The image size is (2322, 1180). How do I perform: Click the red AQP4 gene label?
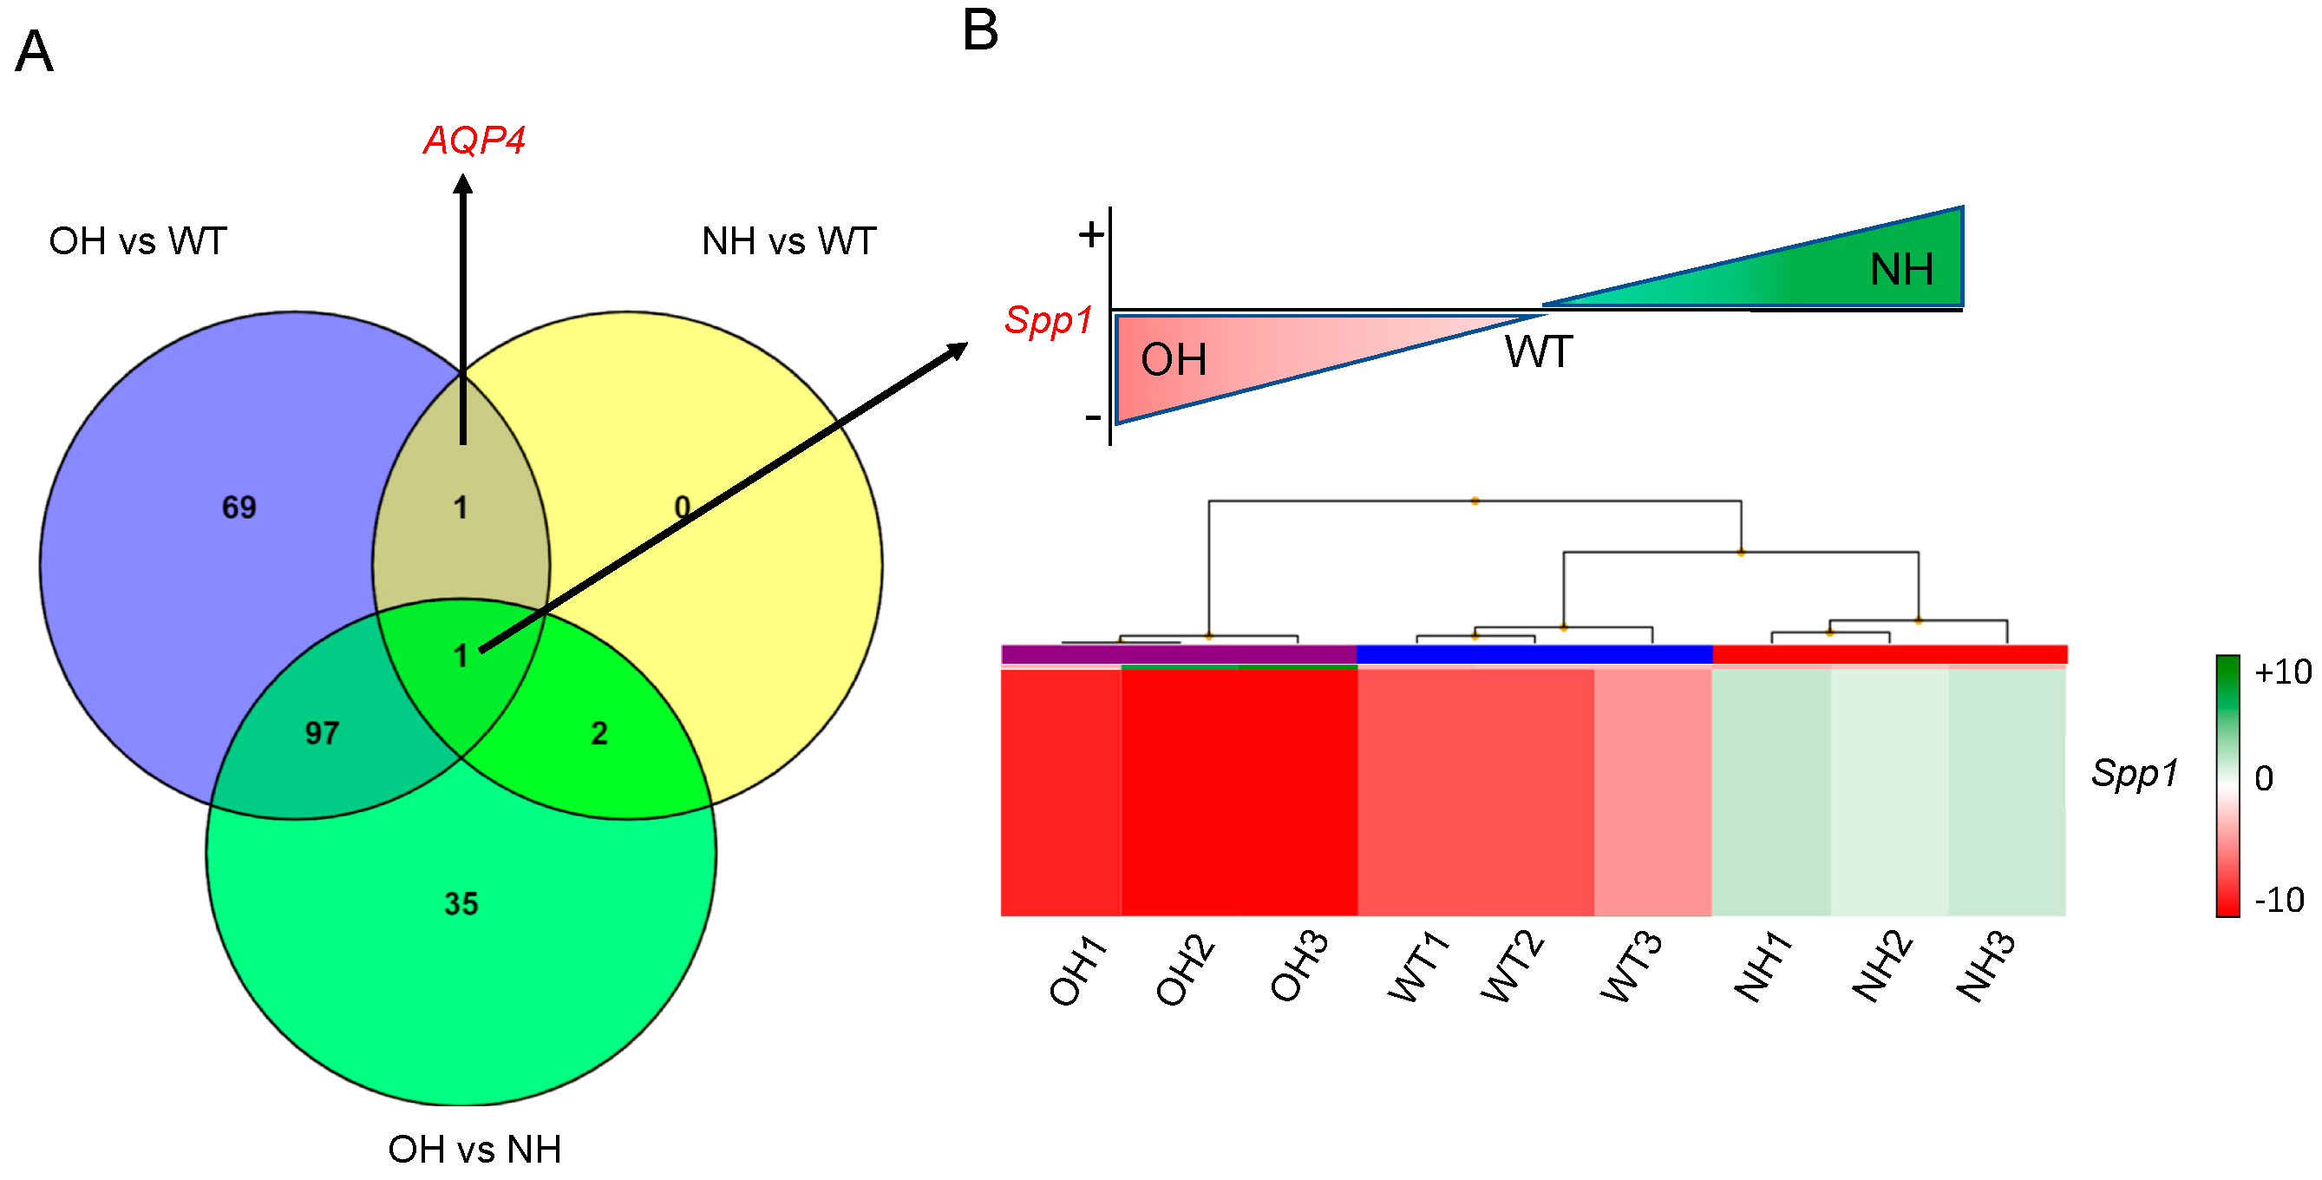click(x=474, y=140)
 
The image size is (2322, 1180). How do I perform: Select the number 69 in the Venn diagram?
click(x=239, y=508)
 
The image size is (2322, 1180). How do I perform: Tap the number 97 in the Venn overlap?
click(x=322, y=733)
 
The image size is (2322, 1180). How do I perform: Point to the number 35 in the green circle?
click(x=461, y=903)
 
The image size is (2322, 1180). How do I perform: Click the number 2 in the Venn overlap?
click(x=599, y=733)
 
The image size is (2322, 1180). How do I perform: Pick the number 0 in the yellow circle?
click(x=683, y=508)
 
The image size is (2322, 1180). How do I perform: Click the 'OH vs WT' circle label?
click(x=138, y=240)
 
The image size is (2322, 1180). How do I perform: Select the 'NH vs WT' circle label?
click(x=788, y=240)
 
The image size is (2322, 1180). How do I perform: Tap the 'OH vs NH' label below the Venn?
click(x=474, y=1150)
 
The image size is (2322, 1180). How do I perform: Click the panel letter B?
click(x=981, y=30)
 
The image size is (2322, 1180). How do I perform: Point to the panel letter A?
click(x=34, y=51)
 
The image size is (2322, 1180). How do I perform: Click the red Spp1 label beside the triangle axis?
click(x=1049, y=320)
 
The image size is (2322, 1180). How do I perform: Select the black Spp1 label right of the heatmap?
click(x=2135, y=772)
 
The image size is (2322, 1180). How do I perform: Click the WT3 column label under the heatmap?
click(x=1632, y=967)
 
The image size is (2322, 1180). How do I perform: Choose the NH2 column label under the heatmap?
click(x=1881, y=967)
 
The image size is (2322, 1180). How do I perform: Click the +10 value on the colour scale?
click(x=2282, y=672)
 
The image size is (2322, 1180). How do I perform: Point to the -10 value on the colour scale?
click(x=2279, y=900)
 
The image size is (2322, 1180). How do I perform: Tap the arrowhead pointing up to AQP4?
click(x=463, y=184)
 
